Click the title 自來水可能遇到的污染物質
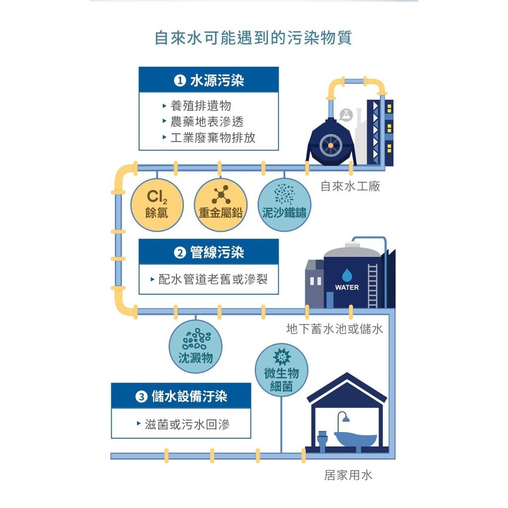253,38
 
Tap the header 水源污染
217,80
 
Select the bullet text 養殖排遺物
200,106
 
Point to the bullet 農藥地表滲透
207,122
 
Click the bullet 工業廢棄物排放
213,138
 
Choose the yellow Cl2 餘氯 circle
157,205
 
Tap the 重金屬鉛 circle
221,205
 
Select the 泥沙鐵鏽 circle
284,205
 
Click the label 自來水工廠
350,187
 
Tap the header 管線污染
217,253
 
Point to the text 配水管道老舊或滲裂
213,279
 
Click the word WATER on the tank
347,287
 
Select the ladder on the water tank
373,286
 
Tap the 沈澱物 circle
195,346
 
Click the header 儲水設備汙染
189,396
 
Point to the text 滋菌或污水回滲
187,424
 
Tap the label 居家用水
348,475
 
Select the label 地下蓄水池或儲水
334,329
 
